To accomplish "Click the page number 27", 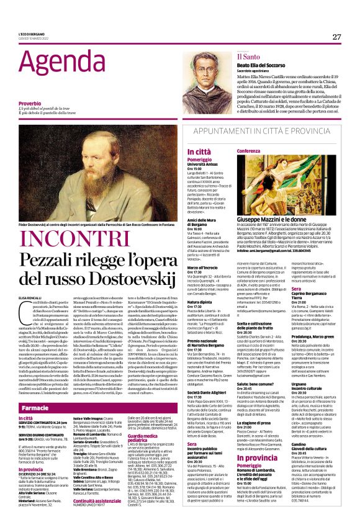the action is [x=337, y=37].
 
